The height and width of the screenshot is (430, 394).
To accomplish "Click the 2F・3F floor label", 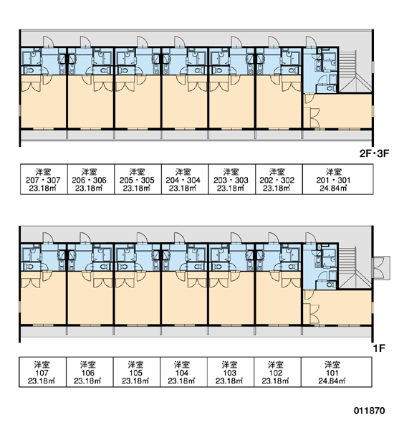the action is (x=374, y=153).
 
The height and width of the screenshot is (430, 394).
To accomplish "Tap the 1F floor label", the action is (x=379, y=348).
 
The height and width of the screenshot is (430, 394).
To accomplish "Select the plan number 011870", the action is (x=369, y=410).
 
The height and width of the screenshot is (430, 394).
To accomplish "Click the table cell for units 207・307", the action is (x=44, y=179).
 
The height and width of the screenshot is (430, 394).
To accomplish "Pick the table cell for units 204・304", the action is (x=185, y=179).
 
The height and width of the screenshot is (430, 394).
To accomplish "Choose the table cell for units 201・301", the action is (x=338, y=179).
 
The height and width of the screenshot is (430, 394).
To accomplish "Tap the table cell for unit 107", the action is (x=42, y=372).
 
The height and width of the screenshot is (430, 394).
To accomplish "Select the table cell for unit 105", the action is (x=137, y=372).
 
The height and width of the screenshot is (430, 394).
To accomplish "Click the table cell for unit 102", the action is (x=277, y=372).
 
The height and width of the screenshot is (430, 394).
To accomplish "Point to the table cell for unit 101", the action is (x=337, y=372).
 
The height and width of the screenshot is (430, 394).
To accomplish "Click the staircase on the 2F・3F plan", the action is (x=355, y=71).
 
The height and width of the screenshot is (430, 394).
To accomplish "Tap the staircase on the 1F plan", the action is (x=355, y=268).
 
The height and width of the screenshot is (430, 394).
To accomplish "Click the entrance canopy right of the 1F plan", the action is (x=381, y=268).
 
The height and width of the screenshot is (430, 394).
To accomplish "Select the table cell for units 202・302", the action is (x=279, y=179).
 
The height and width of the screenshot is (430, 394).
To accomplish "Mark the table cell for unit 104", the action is (x=183, y=372).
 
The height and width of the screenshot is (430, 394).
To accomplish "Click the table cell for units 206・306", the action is (x=91, y=179).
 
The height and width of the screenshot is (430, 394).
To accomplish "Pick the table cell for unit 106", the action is (x=90, y=372).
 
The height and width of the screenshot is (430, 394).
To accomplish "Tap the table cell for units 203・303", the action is (x=232, y=179).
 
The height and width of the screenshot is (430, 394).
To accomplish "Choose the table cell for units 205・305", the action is (x=138, y=179).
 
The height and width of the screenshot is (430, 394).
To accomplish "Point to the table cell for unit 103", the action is (x=231, y=372).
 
